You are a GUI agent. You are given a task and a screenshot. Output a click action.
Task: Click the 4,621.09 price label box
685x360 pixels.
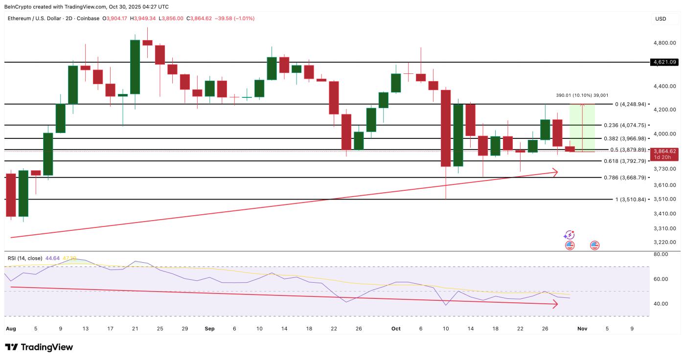(x=664, y=62)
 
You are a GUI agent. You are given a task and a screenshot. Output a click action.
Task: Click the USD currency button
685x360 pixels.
(x=661, y=19)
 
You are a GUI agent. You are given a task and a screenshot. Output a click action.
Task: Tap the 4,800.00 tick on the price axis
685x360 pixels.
(x=664, y=43)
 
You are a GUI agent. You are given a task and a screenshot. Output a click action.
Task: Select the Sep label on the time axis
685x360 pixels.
(x=209, y=329)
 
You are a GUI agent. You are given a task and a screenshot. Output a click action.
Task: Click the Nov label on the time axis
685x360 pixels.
(x=582, y=329)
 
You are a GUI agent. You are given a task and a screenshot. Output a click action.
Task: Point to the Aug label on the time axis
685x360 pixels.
(x=10, y=329)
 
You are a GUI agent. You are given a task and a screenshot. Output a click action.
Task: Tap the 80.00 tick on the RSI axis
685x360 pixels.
(x=661, y=254)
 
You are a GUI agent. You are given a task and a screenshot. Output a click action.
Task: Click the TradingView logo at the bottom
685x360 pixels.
(x=39, y=347)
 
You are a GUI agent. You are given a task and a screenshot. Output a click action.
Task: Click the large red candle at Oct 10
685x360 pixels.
(x=446, y=128)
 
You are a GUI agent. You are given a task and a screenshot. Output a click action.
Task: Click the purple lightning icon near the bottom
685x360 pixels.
(x=569, y=235)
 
